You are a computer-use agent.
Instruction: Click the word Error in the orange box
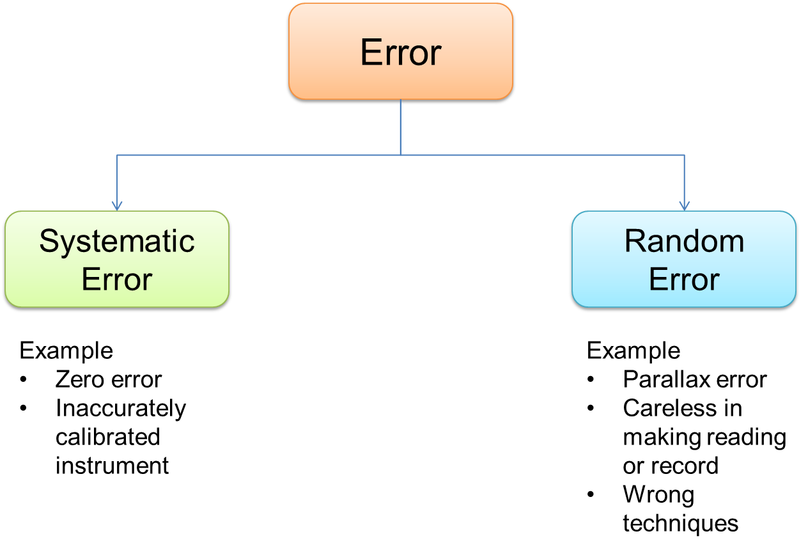pos(401,52)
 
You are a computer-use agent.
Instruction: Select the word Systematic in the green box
pos(117,242)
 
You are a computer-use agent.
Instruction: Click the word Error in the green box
pos(117,280)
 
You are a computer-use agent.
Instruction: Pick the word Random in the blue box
pos(684,242)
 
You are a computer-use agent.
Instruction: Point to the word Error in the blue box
pos(684,280)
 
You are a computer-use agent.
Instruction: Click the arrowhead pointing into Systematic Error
pos(117,206)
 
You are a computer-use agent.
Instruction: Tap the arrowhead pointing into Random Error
pos(684,206)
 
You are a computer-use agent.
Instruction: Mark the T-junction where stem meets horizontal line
pos(401,155)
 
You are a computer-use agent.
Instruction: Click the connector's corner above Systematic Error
pos(117,155)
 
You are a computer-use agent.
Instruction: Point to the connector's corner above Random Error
pos(684,155)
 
